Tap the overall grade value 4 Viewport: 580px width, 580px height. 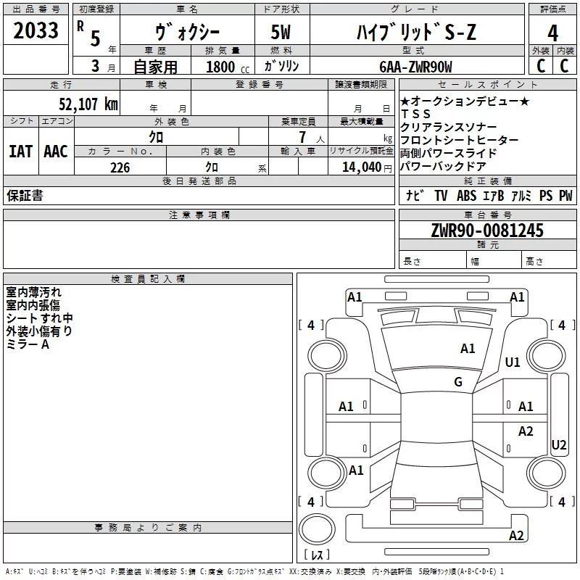coord(552,33)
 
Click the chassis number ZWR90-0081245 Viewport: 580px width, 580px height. coord(487,231)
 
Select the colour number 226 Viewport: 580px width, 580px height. coord(120,167)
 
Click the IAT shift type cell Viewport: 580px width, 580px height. coord(20,152)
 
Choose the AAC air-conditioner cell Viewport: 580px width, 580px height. coord(55,152)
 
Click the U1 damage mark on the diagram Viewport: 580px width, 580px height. coord(513,362)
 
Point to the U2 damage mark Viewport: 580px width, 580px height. coord(558,444)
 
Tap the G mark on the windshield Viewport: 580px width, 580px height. coord(458,382)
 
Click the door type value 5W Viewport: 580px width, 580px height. coord(283,33)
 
